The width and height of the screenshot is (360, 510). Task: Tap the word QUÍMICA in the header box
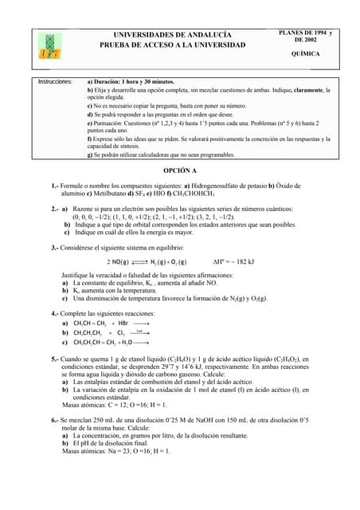pos(306,53)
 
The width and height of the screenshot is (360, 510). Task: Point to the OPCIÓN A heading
pos(179,171)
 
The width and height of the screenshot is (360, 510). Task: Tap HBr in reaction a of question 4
pos(122,324)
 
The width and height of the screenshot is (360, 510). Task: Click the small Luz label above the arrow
pos(139,330)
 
